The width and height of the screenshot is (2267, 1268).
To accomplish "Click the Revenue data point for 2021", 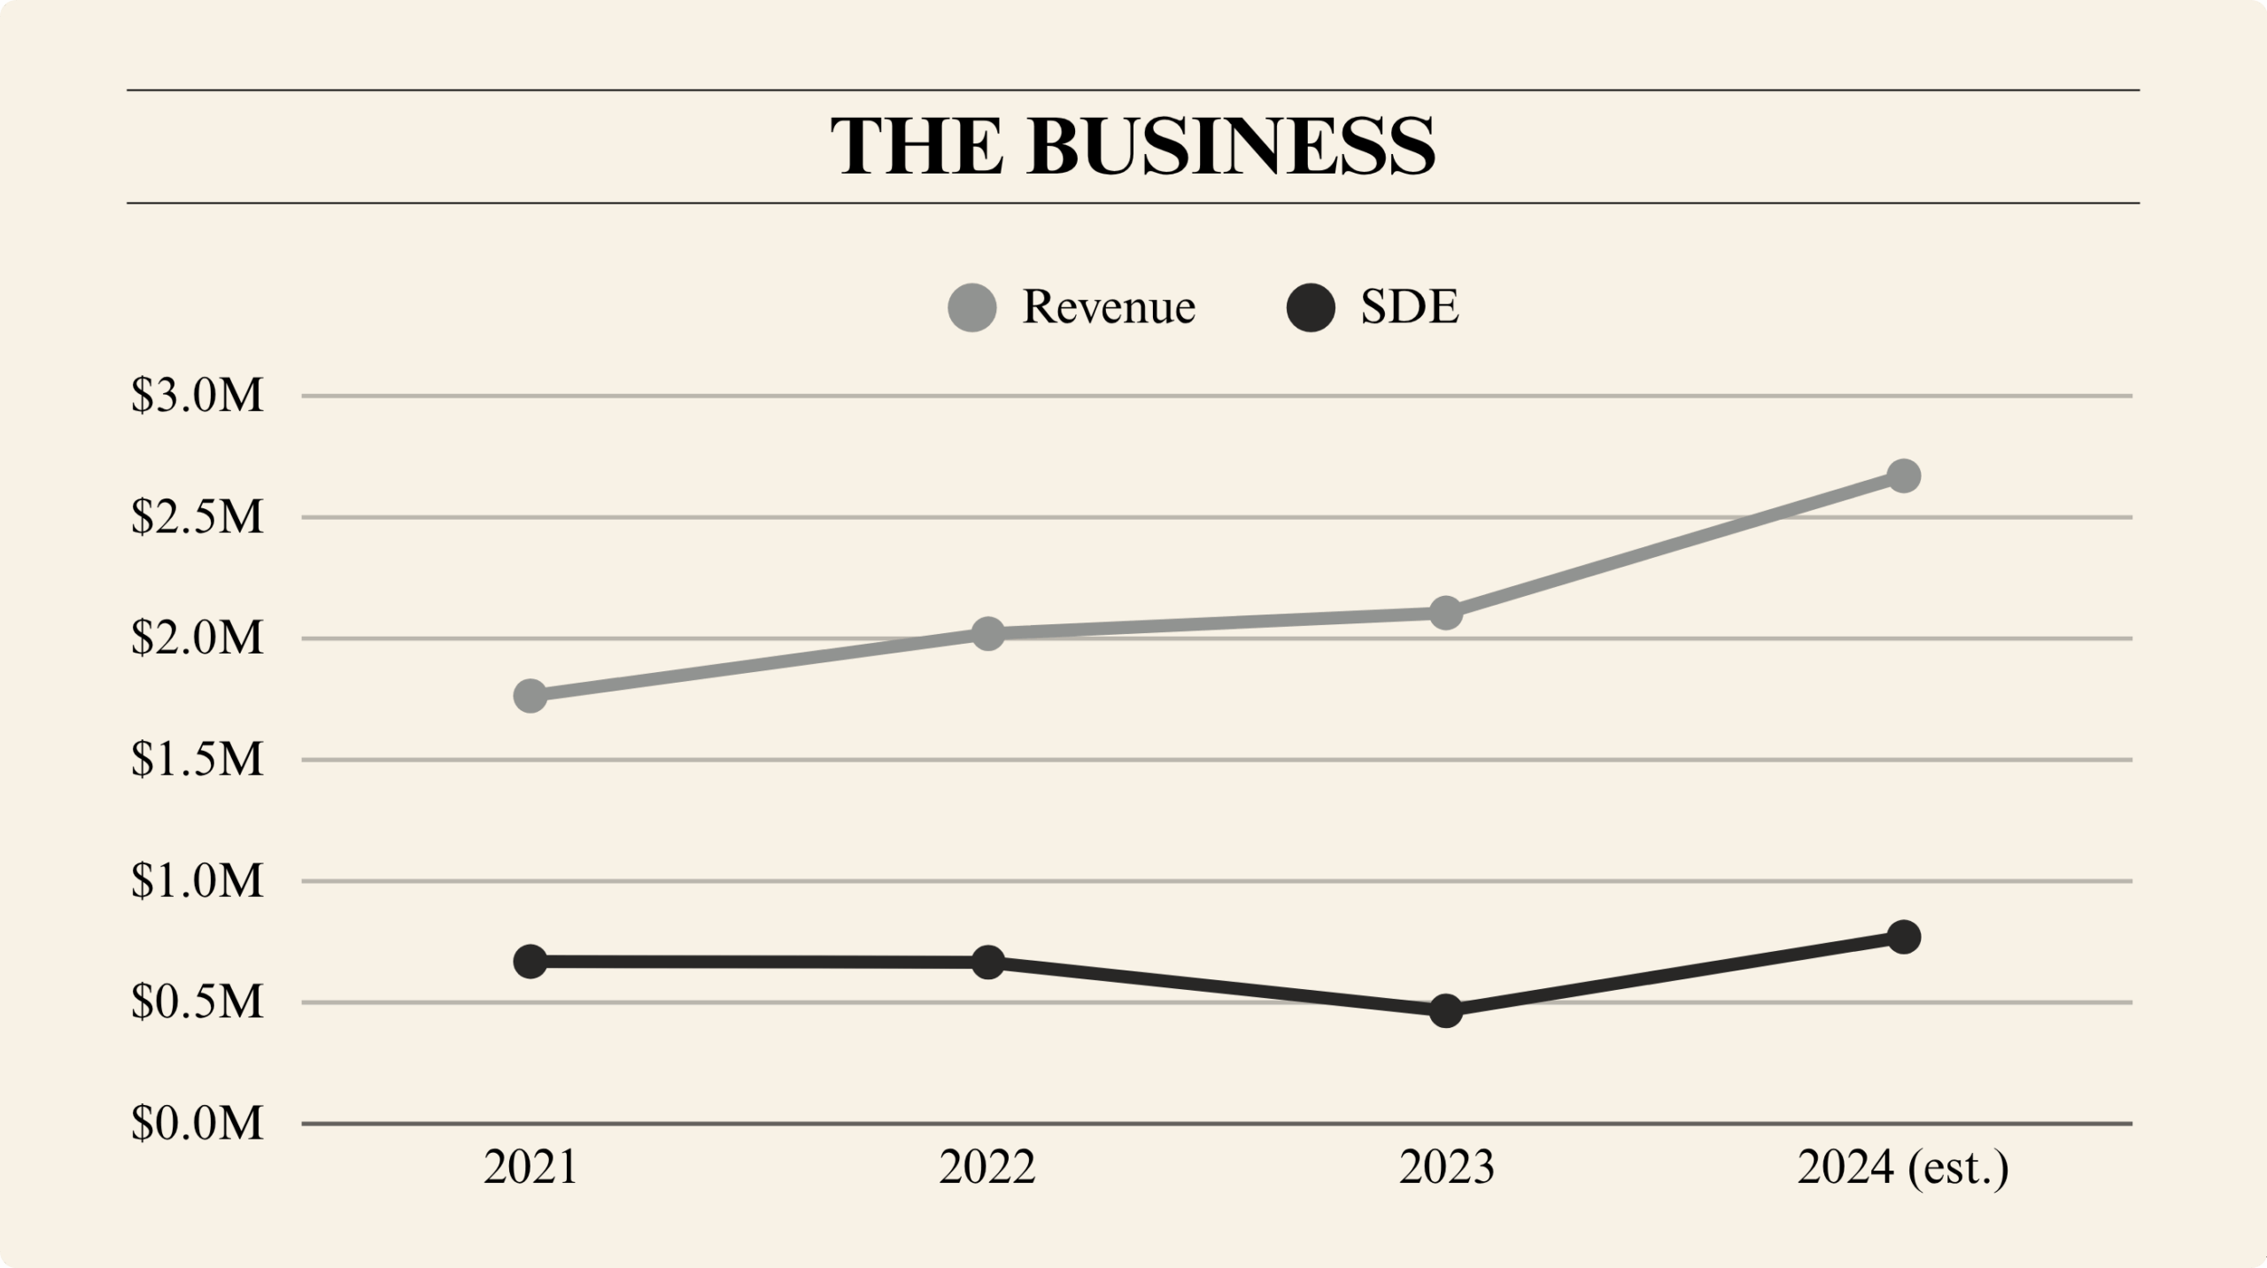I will click(530, 696).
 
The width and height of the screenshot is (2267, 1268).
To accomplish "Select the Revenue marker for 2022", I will click(987, 633).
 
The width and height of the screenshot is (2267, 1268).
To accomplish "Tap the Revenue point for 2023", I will click(1446, 612).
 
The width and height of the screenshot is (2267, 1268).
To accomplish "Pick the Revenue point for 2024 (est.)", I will click(1904, 475).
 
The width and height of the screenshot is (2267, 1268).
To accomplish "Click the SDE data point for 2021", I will click(530, 961).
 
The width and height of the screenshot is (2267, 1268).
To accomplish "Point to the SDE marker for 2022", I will click(987, 962).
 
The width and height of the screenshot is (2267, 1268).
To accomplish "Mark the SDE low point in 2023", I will click(1446, 1010).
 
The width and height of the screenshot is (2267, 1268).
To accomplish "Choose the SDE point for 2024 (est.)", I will click(1904, 937).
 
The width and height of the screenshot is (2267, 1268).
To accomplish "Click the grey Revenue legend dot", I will click(972, 307).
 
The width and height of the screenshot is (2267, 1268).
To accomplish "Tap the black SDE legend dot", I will click(1311, 307).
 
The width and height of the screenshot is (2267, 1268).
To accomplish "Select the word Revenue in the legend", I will click(1109, 307).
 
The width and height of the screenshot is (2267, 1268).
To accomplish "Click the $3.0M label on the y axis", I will click(197, 395).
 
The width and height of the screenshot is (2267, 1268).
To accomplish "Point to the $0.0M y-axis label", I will click(197, 1123).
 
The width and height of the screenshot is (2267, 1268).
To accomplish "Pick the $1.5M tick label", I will click(197, 759).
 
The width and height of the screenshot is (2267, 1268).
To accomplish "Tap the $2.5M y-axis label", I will click(197, 516).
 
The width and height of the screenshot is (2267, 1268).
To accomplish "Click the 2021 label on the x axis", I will click(530, 1167).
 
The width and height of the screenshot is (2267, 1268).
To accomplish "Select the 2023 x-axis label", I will click(1446, 1167).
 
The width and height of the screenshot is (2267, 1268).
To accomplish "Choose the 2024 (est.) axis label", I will click(1902, 1168).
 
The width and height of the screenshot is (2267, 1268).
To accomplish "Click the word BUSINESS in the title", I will click(1231, 146).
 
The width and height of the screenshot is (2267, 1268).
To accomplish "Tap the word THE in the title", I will click(917, 146).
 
